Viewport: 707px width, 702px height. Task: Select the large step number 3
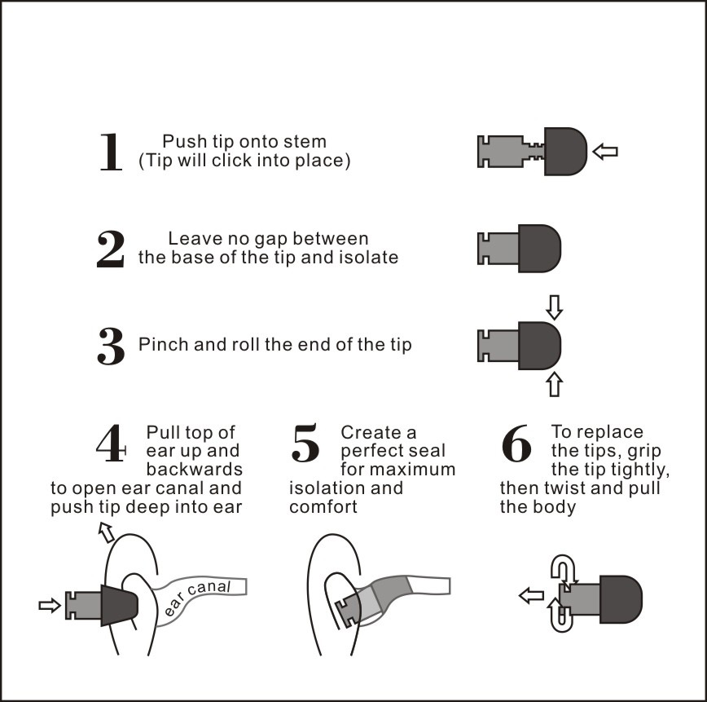111,346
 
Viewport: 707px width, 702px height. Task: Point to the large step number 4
111,444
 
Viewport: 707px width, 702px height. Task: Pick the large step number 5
305,444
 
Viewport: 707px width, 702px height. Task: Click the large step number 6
516,444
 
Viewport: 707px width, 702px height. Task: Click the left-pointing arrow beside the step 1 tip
605,151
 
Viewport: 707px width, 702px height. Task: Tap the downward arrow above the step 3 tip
555,307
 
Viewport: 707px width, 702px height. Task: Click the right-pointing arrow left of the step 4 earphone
50,605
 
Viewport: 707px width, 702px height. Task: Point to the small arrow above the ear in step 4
106,532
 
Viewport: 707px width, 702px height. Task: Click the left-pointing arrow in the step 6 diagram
531,596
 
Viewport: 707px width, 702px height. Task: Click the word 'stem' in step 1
304,142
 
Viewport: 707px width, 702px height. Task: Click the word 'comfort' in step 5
323,506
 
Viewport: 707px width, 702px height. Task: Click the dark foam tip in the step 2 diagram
539,248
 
